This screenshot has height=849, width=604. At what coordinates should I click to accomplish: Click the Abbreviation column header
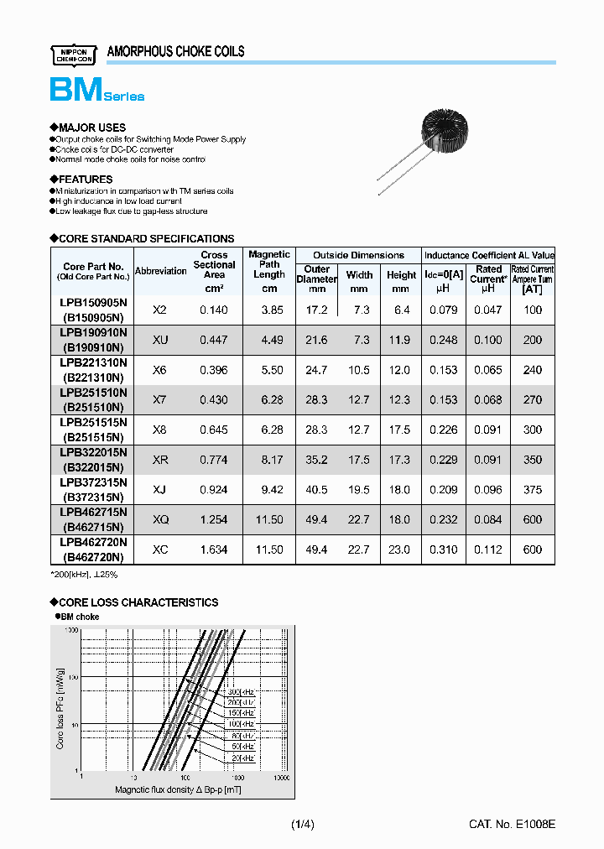[160, 270]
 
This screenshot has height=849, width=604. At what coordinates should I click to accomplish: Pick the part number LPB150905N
[93, 303]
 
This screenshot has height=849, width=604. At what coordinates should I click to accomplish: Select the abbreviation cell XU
[160, 340]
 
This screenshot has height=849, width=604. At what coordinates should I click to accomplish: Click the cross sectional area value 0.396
[214, 370]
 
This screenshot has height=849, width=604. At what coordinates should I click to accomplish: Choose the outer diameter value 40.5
[316, 490]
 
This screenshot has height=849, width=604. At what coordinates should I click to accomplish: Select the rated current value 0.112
[488, 550]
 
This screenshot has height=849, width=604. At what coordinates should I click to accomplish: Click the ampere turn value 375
[532, 490]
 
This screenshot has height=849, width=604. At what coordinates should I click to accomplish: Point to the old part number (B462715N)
[93, 527]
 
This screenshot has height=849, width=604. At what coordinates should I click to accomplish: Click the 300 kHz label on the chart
[242, 690]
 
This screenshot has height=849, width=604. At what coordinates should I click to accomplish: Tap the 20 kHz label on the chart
[243, 758]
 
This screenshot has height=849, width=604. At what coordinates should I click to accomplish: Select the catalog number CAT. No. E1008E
[512, 825]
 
